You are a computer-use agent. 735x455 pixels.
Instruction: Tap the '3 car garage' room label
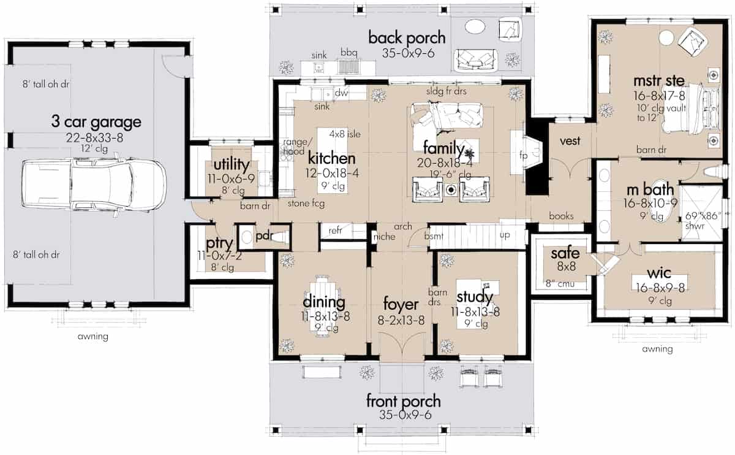[x=96, y=121]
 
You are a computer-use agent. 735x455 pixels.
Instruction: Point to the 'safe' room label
[x=561, y=253]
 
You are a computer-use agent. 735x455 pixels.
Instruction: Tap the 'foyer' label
[x=401, y=305]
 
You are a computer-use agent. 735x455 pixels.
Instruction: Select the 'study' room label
[x=475, y=298]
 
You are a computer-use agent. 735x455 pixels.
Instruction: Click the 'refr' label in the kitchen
[x=336, y=231]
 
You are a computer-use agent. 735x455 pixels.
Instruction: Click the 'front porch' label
[x=404, y=402]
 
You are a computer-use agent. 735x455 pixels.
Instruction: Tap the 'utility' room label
[x=230, y=164]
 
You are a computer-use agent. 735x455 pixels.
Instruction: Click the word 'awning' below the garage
[x=93, y=336]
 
